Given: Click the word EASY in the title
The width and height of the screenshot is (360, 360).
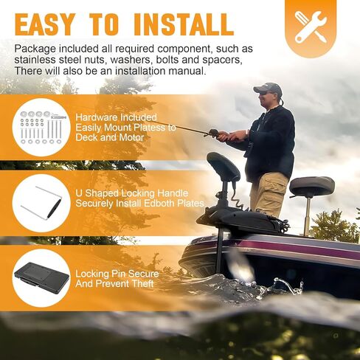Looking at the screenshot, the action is tap(44, 24).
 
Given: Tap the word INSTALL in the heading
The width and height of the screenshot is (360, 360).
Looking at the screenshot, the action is tap(184, 24).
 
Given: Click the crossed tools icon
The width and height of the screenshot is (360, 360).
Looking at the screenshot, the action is tap(311, 27).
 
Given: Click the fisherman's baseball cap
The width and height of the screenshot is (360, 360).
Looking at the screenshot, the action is tap(268, 88).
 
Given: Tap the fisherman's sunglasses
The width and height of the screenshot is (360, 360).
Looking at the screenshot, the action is tap(264, 94).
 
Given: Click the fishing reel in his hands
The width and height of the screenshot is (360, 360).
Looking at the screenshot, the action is tap(215, 133).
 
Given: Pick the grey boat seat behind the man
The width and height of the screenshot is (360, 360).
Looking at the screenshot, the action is tap(312, 187).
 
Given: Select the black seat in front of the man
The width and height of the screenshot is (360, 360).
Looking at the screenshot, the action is tap(224, 166).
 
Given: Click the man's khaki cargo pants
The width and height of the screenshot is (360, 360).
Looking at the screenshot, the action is tap(268, 194).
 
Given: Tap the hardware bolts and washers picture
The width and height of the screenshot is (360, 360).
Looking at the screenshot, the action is tap(41, 127).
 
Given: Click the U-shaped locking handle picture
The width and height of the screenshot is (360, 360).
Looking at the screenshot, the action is tap(41, 203).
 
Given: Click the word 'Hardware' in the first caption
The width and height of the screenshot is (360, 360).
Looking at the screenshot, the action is tap(94, 117).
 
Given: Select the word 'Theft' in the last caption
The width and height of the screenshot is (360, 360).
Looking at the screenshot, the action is tap(142, 283).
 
